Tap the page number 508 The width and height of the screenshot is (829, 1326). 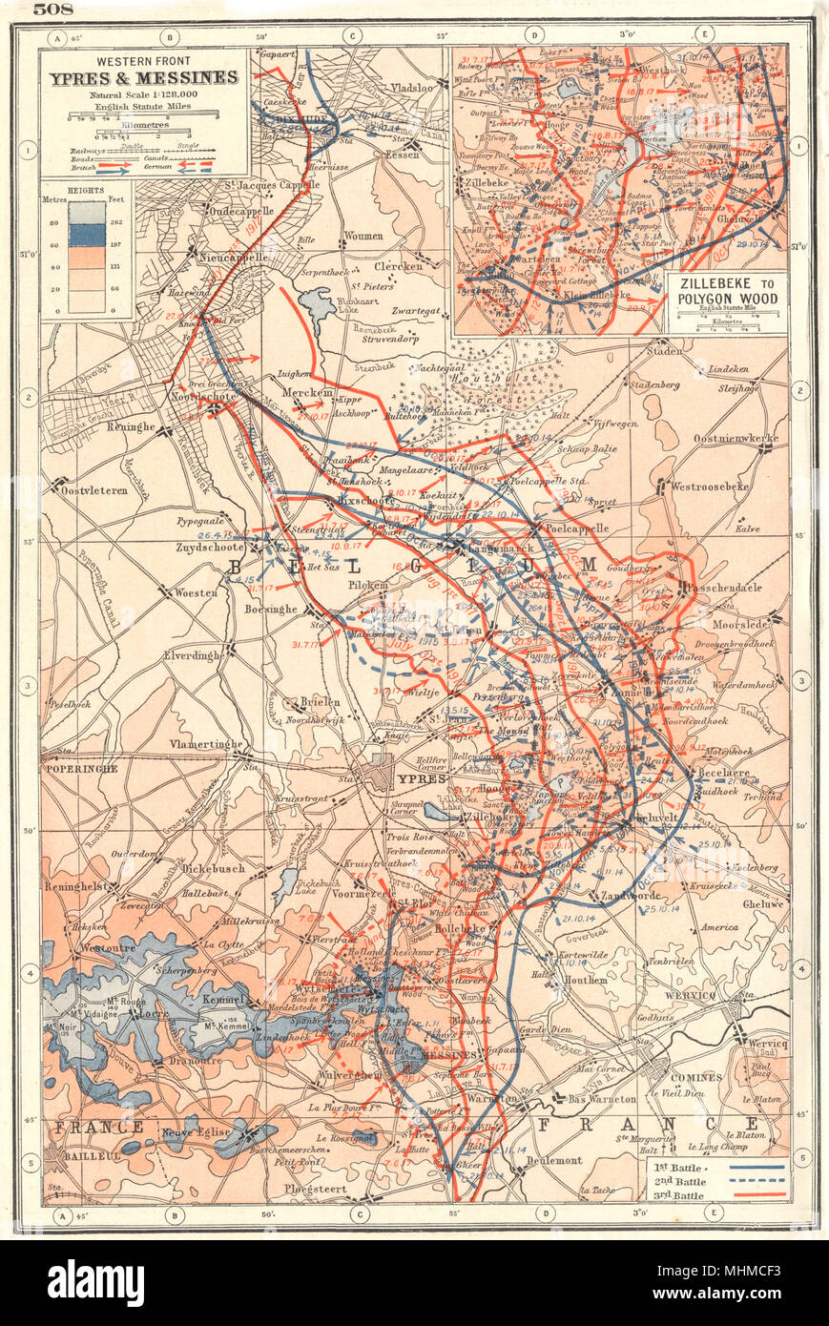[54, 11]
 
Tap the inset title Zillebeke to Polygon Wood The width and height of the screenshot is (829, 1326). [727, 291]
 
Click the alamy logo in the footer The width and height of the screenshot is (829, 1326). [95, 1283]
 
